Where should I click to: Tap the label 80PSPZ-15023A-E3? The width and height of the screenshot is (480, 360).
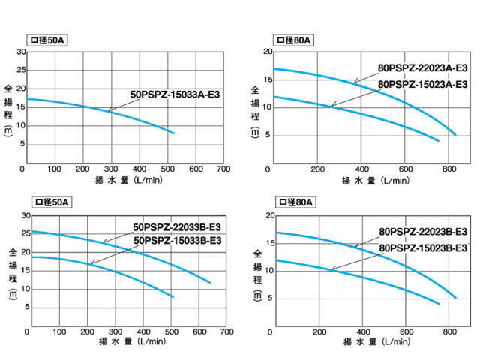(423, 84)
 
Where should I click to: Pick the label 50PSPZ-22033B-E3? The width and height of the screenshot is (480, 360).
(177, 226)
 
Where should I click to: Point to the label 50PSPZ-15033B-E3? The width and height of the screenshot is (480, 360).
(177, 240)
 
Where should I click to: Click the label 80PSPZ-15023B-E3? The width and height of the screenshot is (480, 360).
(423, 247)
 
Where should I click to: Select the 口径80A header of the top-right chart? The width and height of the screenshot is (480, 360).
(295, 40)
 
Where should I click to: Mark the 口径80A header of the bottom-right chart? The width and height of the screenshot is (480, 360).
(295, 202)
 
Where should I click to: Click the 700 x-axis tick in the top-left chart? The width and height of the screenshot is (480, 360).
(223, 169)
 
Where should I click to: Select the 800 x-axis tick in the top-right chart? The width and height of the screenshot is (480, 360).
(449, 169)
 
